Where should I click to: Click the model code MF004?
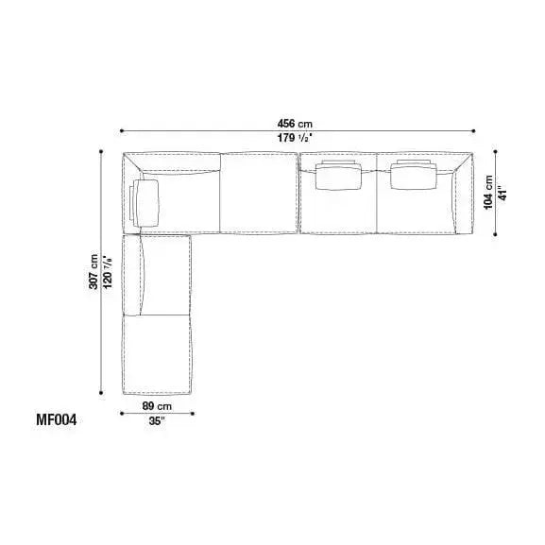[x=56, y=420]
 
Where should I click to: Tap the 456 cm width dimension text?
[x=295, y=124]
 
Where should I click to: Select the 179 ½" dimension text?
[x=294, y=138]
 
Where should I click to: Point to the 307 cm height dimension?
[x=94, y=272]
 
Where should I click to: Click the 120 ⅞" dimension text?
[x=107, y=272]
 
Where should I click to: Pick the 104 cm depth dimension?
[x=488, y=192]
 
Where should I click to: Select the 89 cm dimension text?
[x=157, y=406]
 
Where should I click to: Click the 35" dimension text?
[x=157, y=421]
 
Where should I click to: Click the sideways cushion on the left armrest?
[x=145, y=203]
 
